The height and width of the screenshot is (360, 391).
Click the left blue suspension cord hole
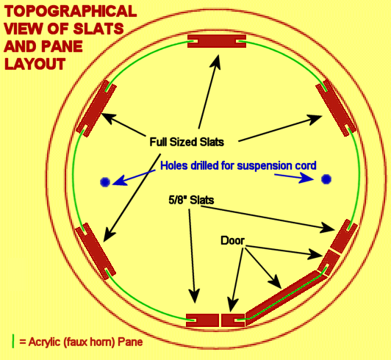(x=105, y=182)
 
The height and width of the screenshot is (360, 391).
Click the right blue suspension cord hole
(x=326, y=179)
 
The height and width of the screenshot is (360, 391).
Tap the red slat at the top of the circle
(x=217, y=41)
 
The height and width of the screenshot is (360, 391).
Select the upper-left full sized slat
(x=96, y=109)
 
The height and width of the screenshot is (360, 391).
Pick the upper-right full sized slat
(x=336, y=108)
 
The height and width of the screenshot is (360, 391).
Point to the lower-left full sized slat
(x=96, y=251)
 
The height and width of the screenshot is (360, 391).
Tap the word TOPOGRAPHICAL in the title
(x=71, y=12)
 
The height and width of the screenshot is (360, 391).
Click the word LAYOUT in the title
(x=35, y=64)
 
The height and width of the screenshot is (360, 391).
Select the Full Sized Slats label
(x=187, y=142)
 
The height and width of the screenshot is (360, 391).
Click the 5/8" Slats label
(x=191, y=200)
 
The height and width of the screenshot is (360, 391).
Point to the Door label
(x=232, y=240)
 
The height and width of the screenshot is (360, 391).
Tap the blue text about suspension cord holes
(x=238, y=165)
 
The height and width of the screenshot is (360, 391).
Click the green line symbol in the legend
(x=13, y=342)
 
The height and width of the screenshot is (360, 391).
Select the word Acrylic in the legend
(x=44, y=342)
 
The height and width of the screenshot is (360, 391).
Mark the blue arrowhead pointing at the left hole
(x=120, y=181)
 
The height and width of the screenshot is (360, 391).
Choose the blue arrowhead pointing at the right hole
(x=306, y=178)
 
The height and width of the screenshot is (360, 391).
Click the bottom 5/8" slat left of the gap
(x=202, y=320)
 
